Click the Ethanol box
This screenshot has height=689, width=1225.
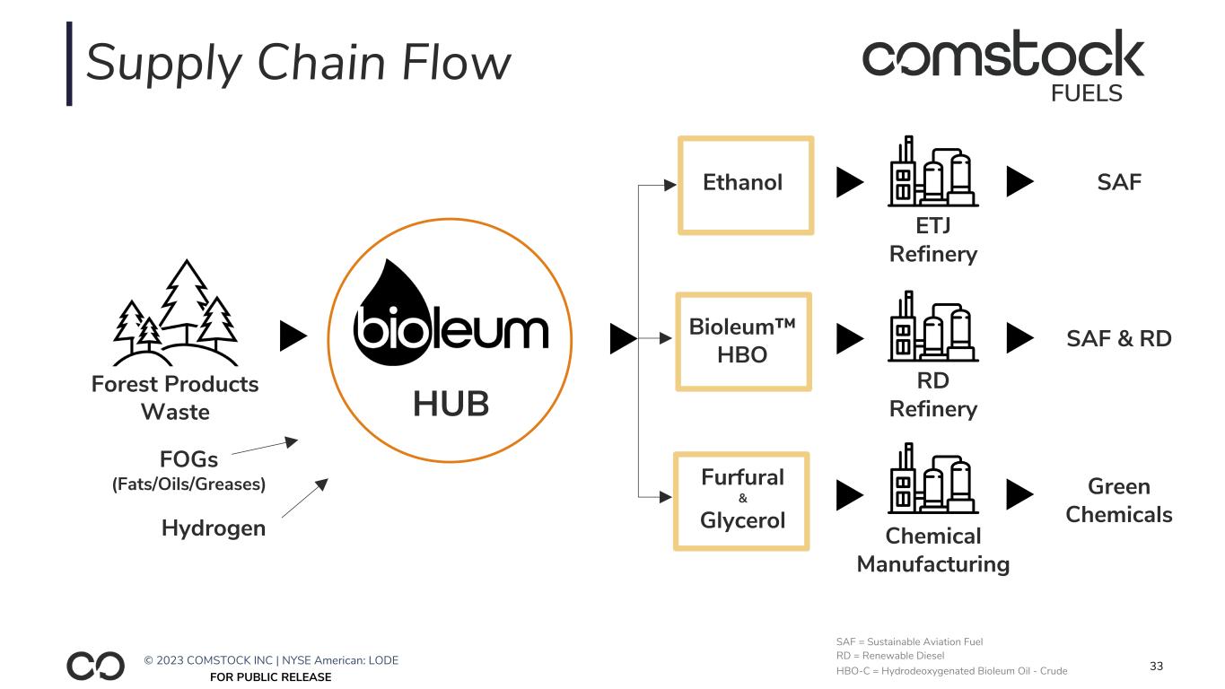click(745, 185)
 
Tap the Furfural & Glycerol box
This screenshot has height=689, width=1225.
click(741, 501)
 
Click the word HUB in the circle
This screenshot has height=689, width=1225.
click(451, 405)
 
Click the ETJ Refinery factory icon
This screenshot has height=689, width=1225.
click(932, 172)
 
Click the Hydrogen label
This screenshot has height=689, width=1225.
click(214, 528)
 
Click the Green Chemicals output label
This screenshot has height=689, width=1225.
click(1118, 501)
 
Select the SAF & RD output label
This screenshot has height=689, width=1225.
click(1118, 338)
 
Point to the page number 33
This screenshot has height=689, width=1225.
click(1156, 667)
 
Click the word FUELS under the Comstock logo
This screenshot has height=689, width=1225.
click(1086, 93)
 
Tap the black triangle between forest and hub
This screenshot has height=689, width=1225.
click(293, 337)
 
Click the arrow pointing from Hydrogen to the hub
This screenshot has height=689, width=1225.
click(305, 497)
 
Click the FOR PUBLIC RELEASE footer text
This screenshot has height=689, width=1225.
click(270, 677)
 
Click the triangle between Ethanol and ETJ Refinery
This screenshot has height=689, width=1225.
click(849, 183)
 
